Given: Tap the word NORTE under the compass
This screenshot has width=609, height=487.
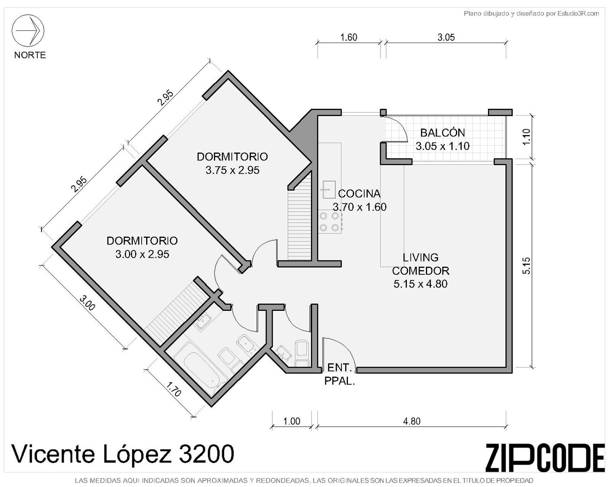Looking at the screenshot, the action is coord(30,55).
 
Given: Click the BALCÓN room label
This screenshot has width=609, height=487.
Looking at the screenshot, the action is coord(442,133).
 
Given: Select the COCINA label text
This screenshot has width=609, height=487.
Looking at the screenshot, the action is coord(359,194).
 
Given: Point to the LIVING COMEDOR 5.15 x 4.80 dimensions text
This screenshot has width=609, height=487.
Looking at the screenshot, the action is coord(420,284).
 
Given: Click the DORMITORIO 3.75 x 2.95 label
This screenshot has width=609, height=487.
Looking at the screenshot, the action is coord(232,163).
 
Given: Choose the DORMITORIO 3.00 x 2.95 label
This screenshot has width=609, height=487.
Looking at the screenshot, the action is coord(142,247).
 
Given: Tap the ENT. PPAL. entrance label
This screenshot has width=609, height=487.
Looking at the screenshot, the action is coord(339,374).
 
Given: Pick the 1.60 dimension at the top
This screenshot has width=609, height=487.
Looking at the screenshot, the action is coord(349,37).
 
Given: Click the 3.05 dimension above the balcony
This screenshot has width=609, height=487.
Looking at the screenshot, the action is coord(446,37).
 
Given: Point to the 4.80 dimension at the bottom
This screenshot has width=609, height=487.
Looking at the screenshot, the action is coord(412,421).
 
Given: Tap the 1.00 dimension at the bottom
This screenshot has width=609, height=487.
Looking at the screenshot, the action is coord(292,421).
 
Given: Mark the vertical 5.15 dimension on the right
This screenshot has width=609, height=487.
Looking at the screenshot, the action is coord(527,266).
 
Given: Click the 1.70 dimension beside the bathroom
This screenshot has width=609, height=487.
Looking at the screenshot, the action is coord(174,390).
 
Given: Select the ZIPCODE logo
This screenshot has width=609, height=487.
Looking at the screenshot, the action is coord(545,458).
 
